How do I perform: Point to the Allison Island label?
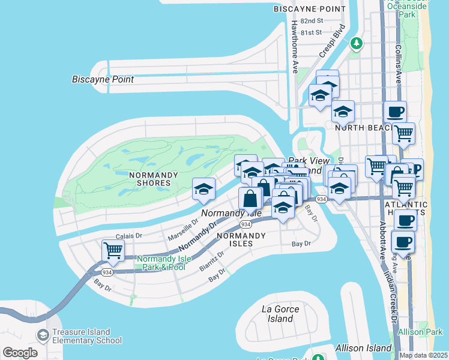tap(355, 348)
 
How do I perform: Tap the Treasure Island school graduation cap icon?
tap(43, 335)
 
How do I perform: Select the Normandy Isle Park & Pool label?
tap(163, 263)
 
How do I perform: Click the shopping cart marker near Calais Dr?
tap(113, 250)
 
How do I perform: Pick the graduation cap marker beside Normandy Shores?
tap(204, 189)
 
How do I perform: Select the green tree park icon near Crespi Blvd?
tap(357, 43)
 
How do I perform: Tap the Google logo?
tap(20, 352)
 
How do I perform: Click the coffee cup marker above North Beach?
tap(395, 112)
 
